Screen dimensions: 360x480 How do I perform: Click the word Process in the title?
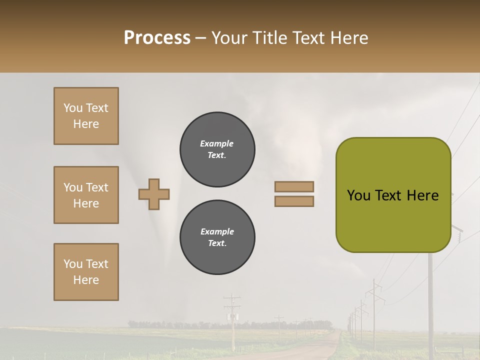click(x=157, y=38)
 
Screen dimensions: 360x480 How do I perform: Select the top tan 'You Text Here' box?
click(x=86, y=116)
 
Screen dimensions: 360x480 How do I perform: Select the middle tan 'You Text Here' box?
click(x=86, y=195)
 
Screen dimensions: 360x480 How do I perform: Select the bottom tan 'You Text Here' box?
click(x=86, y=272)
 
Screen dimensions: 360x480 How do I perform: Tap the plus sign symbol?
click(x=154, y=194)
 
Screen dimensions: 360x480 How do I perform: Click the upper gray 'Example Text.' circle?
click(x=217, y=149)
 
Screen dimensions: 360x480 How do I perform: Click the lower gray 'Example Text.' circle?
click(x=217, y=237)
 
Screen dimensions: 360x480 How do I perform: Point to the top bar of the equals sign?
click(x=294, y=186)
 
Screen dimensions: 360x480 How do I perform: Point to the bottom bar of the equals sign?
click(x=294, y=201)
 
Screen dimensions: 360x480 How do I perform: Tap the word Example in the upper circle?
click(x=217, y=144)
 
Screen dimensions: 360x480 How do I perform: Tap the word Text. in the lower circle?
click(x=217, y=243)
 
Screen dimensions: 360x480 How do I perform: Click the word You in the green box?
click(x=359, y=195)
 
